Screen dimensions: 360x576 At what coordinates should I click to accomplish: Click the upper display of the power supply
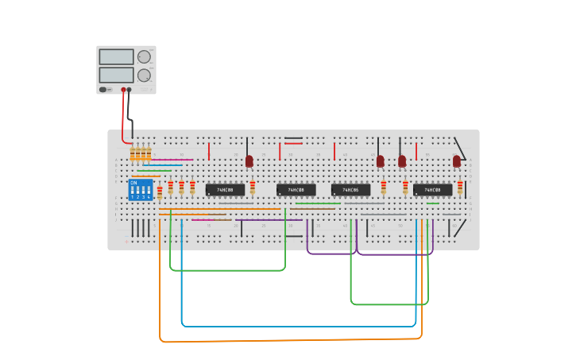point(116,57)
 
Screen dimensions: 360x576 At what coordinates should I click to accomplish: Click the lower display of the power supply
point(116,75)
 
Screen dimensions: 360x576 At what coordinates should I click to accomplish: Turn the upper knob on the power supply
point(144,57)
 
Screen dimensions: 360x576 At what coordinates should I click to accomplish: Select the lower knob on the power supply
point(144,75)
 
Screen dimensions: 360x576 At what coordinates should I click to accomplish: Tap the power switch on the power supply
point(104,89)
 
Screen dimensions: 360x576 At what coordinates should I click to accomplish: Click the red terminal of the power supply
point(123,90)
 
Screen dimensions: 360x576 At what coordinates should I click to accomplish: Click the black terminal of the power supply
point(130,90)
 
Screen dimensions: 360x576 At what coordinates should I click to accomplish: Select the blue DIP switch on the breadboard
point(140,189)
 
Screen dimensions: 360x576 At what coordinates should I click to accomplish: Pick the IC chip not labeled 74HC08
point(350,190)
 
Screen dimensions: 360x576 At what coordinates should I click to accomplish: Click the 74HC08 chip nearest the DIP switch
point(225,190)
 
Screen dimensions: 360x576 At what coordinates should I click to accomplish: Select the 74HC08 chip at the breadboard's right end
point(432,190)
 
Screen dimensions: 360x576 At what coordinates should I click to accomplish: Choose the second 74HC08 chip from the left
point(296,190)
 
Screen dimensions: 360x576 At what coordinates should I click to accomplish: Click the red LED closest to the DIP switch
point(249,161)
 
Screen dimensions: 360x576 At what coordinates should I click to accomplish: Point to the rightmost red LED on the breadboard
point(457,161)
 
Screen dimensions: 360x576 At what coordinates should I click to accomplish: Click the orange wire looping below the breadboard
point(286,340)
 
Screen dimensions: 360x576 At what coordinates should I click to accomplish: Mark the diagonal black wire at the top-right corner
point(460,147)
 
